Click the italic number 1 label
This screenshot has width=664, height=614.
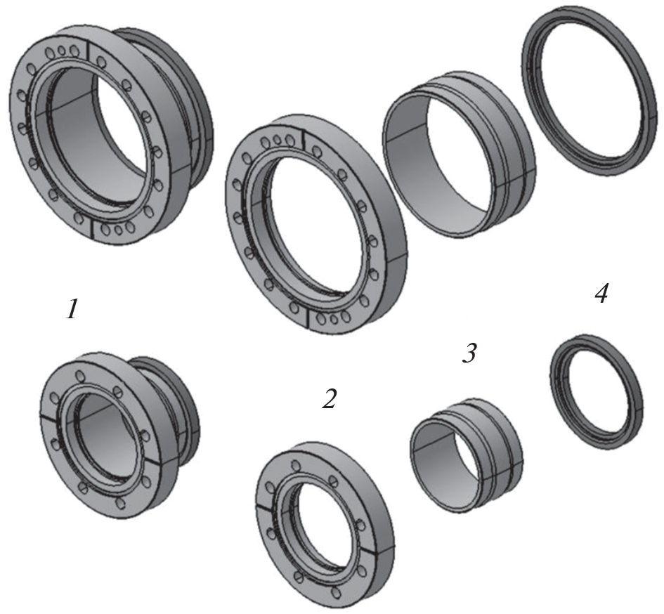pyautogui.click(x=72, y=308)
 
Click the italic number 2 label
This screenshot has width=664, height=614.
pyautogui.click(x=329, y=398)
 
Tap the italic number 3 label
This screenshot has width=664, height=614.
pyautogui.click(x=469, y=353)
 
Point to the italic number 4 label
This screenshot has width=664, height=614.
pyautogui.click(x=601, y=293)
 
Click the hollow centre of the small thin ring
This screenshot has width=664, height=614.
pyautogui.click(x=597, y=392)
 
